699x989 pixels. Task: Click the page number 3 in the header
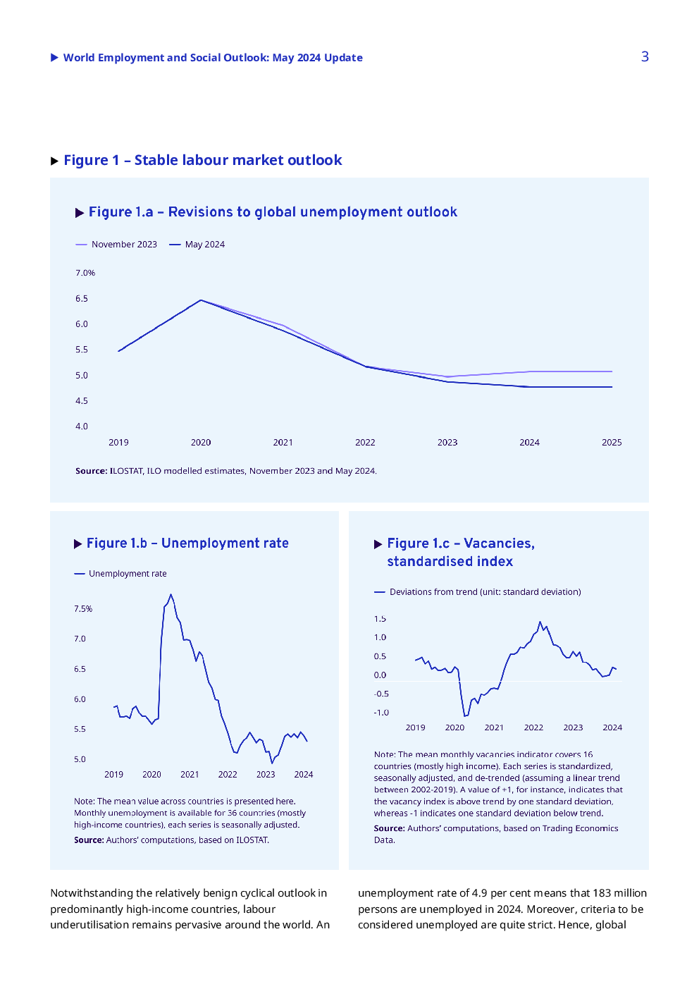(645, 56)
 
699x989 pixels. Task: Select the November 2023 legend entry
(116, 244)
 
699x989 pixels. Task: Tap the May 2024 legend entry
(197, 244)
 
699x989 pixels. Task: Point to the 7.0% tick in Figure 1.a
(85, 273)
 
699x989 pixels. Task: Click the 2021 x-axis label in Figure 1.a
(283, 443)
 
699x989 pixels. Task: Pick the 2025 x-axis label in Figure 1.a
(612, 443)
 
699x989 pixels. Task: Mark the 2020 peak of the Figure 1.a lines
(202, 300)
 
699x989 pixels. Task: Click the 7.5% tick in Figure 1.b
(83, 609)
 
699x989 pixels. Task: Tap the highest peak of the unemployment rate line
(171, 595)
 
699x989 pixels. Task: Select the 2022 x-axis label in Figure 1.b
(228, 775)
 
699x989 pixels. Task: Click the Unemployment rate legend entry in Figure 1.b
(120, 574)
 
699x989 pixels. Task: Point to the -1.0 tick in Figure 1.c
(381, 713)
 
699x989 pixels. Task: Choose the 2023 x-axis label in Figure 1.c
(573, 727)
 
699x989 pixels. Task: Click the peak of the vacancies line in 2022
(540, 622)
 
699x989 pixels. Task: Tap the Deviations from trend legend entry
(478, 591)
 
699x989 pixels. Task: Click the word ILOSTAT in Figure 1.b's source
(252, 840)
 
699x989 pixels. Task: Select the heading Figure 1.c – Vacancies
(461, 543)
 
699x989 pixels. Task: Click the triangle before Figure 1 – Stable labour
(55, 161)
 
